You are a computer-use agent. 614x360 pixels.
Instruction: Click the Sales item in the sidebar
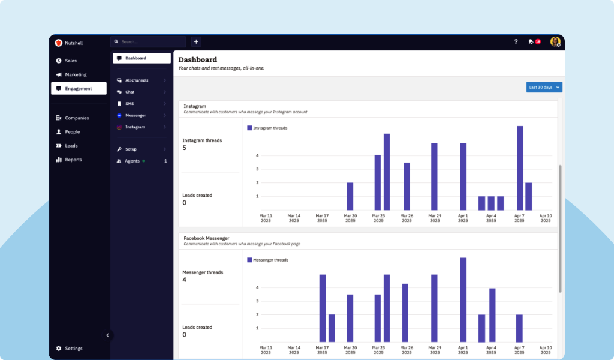point(70,61)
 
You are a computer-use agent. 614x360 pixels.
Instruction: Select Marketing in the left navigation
point(75,74)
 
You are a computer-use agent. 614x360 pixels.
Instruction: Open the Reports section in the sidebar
point(73,160)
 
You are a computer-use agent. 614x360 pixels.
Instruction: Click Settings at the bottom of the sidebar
point(73,348)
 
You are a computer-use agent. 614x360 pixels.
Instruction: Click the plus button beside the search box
point(196,42)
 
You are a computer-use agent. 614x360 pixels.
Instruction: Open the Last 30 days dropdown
point(544,87)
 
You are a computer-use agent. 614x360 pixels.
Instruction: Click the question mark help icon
point(516,42)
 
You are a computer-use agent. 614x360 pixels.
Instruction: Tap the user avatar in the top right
point(555,42)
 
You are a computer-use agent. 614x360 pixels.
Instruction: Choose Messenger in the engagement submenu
point(135,115)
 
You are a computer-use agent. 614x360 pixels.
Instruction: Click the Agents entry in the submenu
point(132,161)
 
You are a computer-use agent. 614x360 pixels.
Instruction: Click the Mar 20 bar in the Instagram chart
point(350,196)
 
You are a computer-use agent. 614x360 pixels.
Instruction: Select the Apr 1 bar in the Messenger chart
point(463,300)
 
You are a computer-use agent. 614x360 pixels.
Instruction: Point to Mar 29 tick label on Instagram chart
point(435,218)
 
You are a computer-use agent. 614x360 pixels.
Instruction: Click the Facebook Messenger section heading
point(206,238)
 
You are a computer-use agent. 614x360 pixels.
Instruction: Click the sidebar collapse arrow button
point(107,335)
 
